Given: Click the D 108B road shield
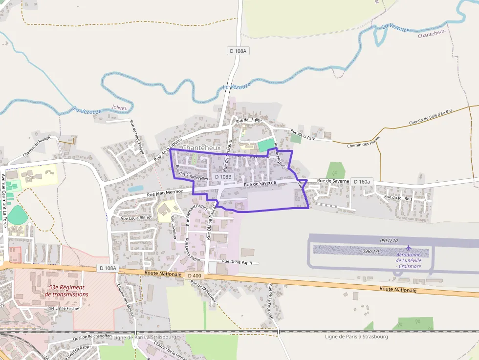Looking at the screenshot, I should pos(223,176).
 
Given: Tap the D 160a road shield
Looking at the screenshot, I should pos(362,181).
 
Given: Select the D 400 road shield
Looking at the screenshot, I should pos(195,276).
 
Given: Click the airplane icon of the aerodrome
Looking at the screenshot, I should pos(409,248).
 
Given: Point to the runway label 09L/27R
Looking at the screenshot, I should pos(389,241).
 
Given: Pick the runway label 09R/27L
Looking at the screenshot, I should pos(371,251).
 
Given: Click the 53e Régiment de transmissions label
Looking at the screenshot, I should pos(66,291).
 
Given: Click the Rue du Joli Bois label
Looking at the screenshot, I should pos(398,198).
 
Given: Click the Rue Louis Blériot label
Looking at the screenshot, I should pos(136,218).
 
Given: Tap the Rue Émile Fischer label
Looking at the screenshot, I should pos(63,308).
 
